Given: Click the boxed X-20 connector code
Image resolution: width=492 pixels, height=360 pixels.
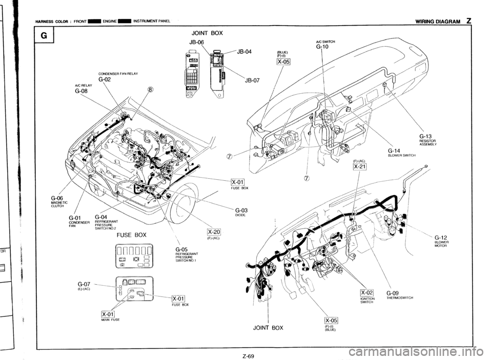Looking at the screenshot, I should (213, 230).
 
